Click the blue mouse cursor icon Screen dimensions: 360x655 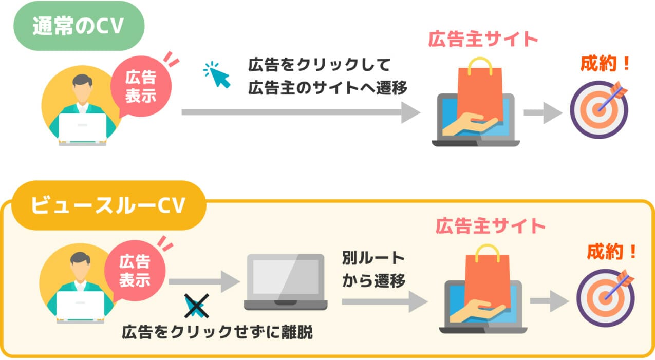pos(217,75)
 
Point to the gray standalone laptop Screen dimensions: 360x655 pos(285,281)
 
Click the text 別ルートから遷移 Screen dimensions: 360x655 pos(373,269)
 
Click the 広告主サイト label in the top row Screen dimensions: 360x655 pos(483,39)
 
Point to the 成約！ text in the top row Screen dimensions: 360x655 pos(605,64)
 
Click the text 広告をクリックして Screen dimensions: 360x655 pos(320,65)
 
